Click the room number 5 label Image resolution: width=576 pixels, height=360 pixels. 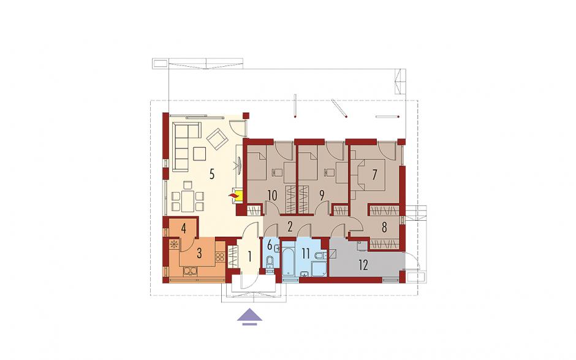pos(211,174)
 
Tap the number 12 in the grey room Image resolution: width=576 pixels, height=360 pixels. pos(363,265)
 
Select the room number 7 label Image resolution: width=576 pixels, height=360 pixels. pos(374,174)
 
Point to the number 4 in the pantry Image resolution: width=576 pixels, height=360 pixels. pos(184,228)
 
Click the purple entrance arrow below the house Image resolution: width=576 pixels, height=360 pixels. pos(250,316)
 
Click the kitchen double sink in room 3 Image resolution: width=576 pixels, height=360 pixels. pos(191,271)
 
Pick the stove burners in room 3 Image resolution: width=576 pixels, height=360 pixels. pos(219,256)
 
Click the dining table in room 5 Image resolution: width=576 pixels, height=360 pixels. pos(188,202)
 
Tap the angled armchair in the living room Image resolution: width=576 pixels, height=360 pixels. pos(216,137)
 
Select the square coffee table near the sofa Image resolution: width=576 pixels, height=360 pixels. pos(200,154)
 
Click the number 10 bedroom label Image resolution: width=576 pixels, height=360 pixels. pos(272,195)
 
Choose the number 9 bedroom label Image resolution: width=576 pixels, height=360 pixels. pos(322,195)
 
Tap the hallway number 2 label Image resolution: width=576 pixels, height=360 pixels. pos(290,226)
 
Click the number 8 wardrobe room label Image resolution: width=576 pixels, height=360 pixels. pos(384,228)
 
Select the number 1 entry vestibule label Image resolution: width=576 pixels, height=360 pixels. pos(250,256)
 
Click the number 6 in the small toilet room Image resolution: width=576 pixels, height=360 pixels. pos(269,244)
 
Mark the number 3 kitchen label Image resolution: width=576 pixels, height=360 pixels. pos(200,253)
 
